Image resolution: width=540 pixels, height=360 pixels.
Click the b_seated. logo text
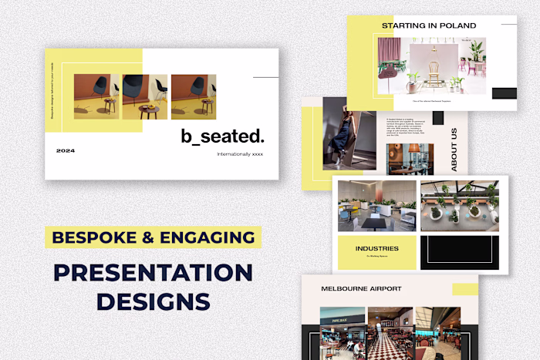pos(222,136)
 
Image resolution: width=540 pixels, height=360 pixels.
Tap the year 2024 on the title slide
pos(66,150)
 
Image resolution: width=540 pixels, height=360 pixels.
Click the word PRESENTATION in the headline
pos(153,273)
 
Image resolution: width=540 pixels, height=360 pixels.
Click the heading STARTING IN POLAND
pos(428,25)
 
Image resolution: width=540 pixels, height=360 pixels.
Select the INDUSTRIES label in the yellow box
pos(377,248)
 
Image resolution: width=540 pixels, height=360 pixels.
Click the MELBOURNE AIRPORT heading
pos(361,288)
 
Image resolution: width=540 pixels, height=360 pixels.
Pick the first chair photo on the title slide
pos(96,96)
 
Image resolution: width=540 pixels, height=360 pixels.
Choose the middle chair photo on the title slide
pos(145,96)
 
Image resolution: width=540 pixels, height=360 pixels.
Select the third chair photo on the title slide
pos(193,96)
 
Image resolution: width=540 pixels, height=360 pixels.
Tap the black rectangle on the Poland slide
pos(504,93)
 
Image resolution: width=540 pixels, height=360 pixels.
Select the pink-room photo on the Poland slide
pos(431,66)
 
